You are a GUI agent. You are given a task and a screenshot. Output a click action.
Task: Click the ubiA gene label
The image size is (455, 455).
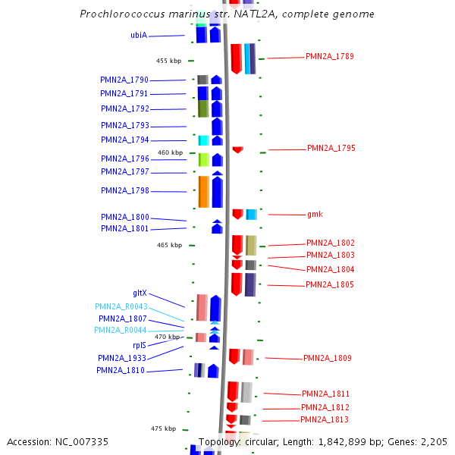139,35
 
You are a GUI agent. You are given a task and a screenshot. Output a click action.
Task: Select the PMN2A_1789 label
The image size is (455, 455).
329,56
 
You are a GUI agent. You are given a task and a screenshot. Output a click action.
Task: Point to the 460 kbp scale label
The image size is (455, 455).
170,152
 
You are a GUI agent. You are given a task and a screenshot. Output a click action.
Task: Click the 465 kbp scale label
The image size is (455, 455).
170,245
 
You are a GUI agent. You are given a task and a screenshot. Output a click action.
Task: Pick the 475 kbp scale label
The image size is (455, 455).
163,428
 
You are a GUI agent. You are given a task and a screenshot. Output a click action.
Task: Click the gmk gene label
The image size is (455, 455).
315,214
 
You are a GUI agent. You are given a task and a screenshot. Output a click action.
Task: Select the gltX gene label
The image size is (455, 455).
140,293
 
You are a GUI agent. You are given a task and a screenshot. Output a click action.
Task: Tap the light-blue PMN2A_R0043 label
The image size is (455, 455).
121,306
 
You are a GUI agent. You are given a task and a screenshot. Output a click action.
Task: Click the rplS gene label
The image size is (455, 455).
139,345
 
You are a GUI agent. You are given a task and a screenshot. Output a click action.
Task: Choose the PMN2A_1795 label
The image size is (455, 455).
331,148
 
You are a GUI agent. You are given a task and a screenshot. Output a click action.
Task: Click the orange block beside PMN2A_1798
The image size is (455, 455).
203,191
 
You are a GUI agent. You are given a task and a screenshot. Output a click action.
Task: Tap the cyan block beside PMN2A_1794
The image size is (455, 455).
203,140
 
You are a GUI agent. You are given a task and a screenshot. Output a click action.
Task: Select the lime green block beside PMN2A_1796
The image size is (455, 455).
203,159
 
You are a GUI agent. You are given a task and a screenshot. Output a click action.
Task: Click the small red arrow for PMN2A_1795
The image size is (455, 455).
237,149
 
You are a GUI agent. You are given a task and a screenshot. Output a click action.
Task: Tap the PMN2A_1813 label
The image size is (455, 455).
325,419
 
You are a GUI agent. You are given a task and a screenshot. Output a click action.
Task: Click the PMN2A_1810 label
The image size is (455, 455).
120,370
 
